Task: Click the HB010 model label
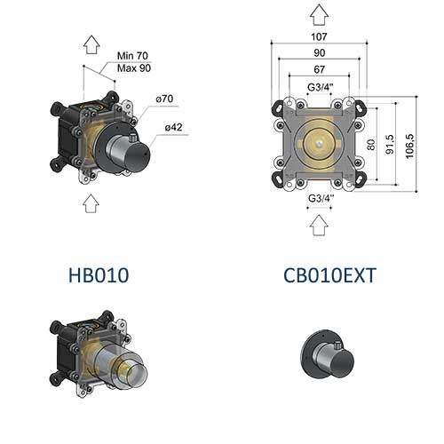coord(99,275)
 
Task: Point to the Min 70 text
coord(132,55)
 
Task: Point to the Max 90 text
coord(132,67)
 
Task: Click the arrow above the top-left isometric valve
coord(90,45)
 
